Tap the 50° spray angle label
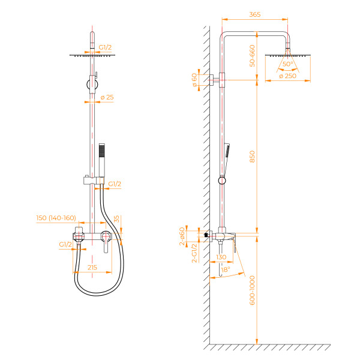pyautogui.click(x=288, y=64)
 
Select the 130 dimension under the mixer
pyautogui.click(x=221, y=257)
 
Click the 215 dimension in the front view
pyautogui.click(x=92, y=266)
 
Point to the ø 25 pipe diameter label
pyautogui.click(x=107, y=97)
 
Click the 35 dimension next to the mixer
pyautogui.click(x=116, y=220)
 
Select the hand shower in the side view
pyautogui.click(x=229, y=150)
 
